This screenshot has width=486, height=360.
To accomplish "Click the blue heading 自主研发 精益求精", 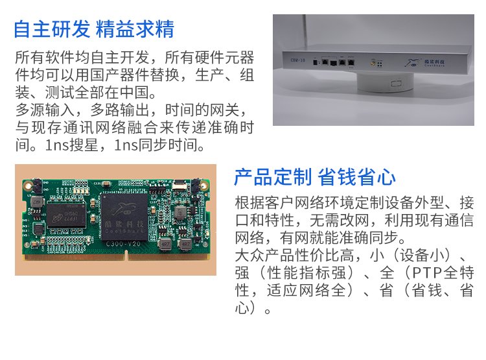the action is [x=94, y=29].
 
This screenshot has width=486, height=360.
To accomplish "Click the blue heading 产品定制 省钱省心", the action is [x=315, y=177].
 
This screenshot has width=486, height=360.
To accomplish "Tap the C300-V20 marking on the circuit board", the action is [x=123, y=244].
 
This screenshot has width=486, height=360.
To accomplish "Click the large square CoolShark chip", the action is [x=124, y=217].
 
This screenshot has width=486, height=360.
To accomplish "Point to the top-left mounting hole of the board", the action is [x=29, y=186].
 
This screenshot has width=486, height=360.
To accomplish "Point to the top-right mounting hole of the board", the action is [x=203, y=186].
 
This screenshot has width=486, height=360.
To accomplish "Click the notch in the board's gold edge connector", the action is [x=126, y=256].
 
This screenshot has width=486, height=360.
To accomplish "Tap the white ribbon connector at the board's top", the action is [x=179, y=184].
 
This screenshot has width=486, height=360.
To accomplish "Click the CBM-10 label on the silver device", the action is [x=297, y=60].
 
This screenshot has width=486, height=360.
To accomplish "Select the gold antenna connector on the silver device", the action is [x=373, y=64].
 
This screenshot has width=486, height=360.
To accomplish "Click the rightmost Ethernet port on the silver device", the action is [x=351, y=62].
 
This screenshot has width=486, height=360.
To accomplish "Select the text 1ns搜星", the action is [x=71, y=145].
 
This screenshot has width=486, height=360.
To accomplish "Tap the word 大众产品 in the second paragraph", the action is [x=264, y=256].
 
